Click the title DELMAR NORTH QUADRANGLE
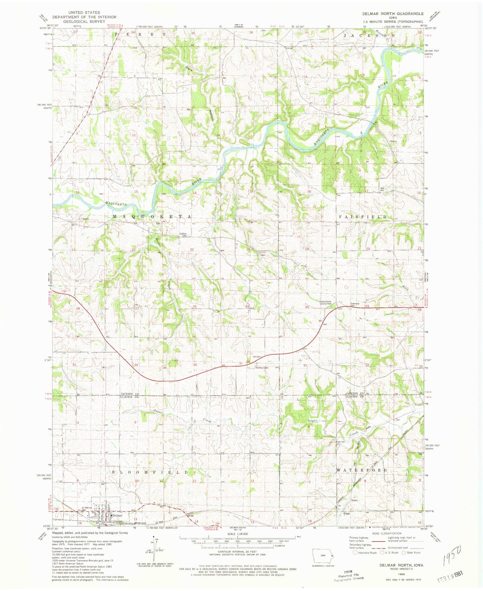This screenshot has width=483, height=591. [393, 14]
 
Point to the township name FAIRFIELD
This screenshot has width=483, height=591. [363, 217]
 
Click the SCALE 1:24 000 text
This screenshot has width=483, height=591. [237, 544]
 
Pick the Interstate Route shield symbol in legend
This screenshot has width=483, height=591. [355, 552]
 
